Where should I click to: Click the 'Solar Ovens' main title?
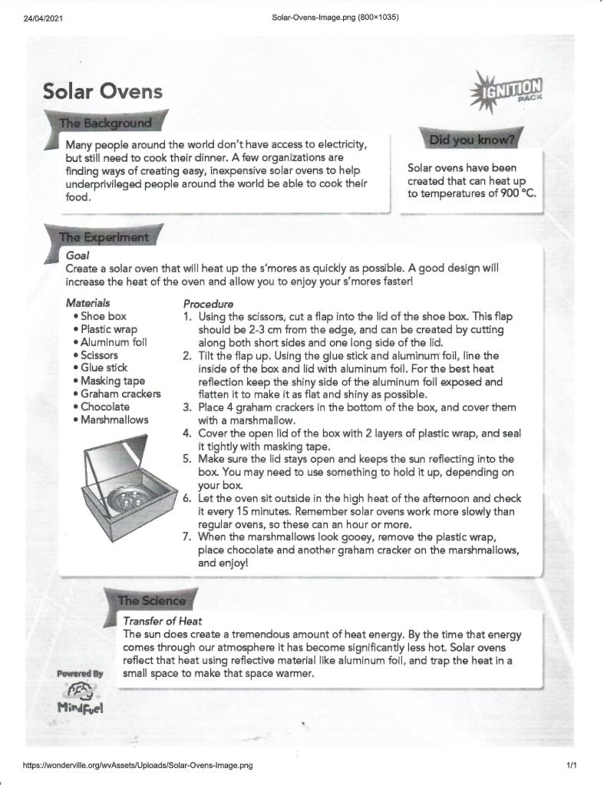pos(103,91)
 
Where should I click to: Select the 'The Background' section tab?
pos(106,123)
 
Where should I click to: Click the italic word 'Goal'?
pos(78,255)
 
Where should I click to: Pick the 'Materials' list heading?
pos(87,303)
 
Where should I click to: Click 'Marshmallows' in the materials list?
pos(114,420)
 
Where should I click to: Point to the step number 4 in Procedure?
pos(186,433)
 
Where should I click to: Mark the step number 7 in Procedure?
pos(186,537)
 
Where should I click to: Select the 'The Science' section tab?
pos(151,601)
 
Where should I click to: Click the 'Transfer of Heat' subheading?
pos(162,621)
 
